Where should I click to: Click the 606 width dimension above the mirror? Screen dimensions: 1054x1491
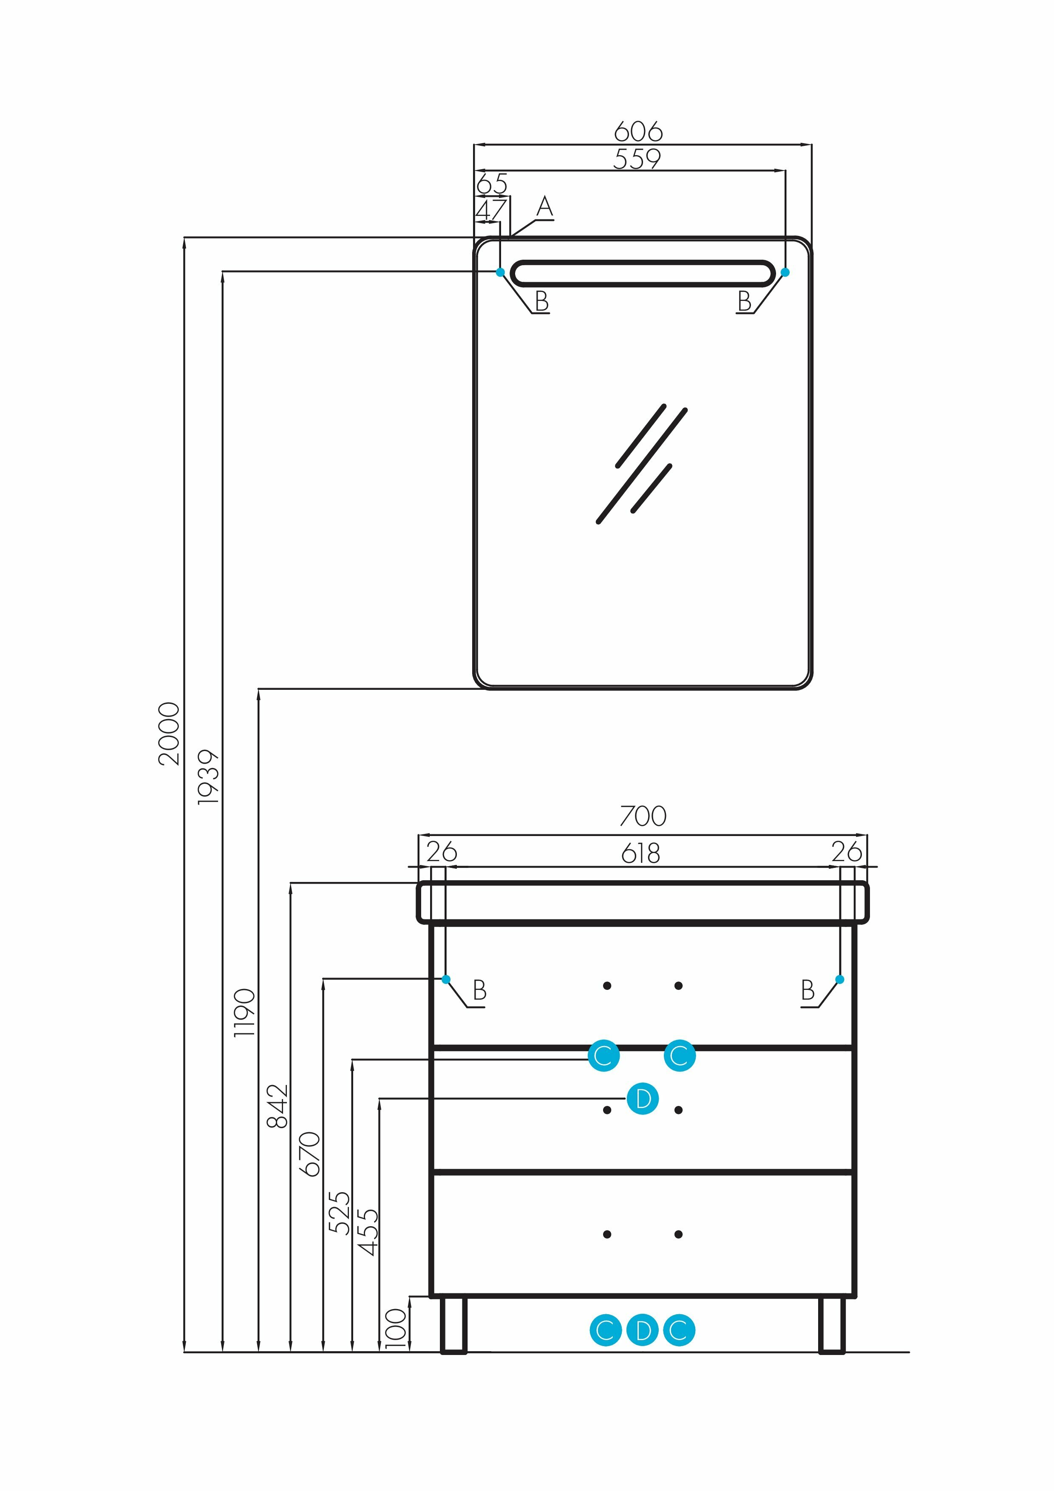(638, 132)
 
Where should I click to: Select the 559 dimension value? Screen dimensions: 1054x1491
(637, 159)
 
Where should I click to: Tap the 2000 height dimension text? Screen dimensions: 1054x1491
(169, 733)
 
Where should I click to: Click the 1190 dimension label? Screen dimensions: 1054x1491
(245, 1012)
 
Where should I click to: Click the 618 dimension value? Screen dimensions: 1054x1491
(640, 853)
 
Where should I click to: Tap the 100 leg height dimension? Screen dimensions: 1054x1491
(396, 1328)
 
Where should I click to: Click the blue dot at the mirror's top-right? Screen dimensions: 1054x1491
(785, 272)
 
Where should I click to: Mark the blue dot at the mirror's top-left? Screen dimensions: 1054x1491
(500, 272)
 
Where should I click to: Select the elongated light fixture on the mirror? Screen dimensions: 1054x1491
(642, 273)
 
